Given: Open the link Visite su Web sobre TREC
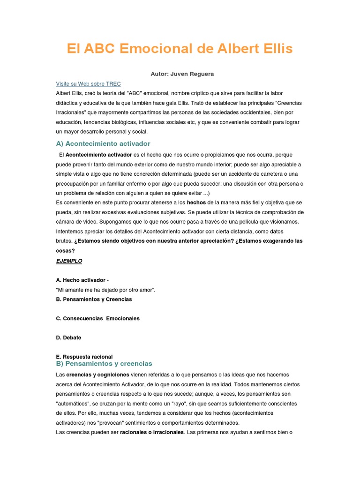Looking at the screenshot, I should point(88,84).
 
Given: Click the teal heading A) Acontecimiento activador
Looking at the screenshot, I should point(103,143).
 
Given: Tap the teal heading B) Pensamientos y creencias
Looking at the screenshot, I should point(104,363).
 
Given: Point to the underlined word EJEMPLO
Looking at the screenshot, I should point(69,261).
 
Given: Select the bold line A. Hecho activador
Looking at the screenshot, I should point(82,280).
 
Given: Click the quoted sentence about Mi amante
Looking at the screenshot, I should point(105,290).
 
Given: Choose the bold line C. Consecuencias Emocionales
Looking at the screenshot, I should point(97,318).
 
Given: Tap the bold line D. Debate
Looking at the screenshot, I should point(68,337).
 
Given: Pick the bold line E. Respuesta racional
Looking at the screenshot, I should point(84,357).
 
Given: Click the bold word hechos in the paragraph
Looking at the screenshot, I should point(196,203).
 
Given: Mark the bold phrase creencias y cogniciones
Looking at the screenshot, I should point(97,375).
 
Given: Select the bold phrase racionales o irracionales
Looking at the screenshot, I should point(152,432).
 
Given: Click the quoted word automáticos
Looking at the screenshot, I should point(72,404).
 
